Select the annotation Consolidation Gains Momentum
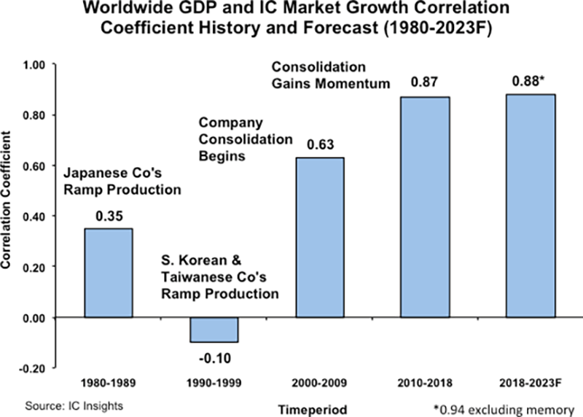point(331,75)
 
